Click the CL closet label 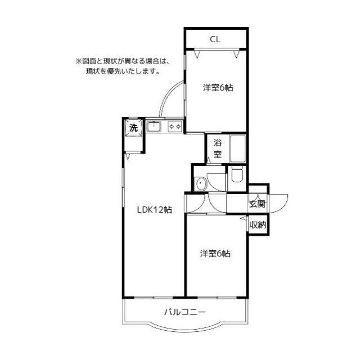(x=215, y=39)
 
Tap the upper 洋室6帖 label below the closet (x=218, y=87)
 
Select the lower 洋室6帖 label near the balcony (x=215, y=254)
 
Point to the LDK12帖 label (x=155, y=210)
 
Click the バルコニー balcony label (x=185, y=311)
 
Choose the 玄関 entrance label (x=258, y=203)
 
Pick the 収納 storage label (x=258, y=225)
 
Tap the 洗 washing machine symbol (x=133, y=128)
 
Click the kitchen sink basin (x=155, y=127)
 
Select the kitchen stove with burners (x=174, y=127)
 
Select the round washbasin (x=200, y=182)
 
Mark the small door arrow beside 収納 (x=243, y=218)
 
